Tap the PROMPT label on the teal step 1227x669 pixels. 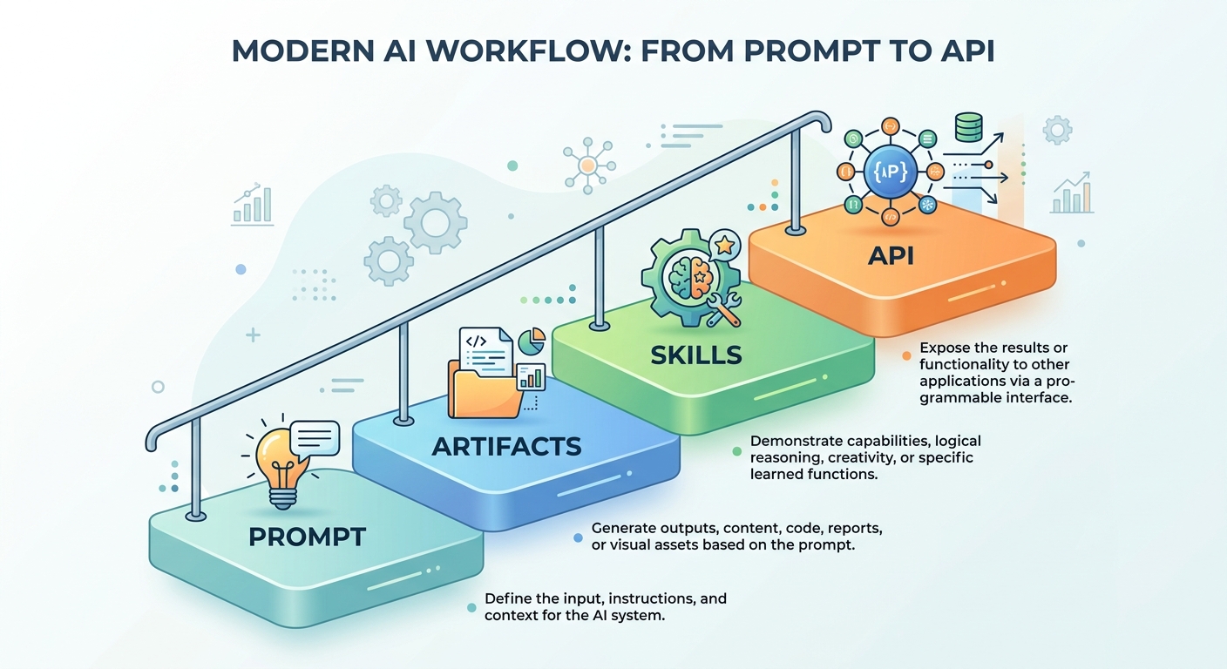(308, 537)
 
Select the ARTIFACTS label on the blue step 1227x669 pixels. (506, 446)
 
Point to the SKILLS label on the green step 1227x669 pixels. (696, 355)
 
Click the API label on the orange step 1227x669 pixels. (891, 255)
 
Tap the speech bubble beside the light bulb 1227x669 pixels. (315, 438)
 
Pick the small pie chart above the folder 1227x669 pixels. (532, 341)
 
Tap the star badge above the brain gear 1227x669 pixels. (724, 246)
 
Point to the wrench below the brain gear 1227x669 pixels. (723, 310)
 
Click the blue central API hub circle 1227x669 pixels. (890, 172)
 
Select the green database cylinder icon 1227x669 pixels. (968, 127)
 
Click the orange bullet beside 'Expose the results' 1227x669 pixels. (906, 356)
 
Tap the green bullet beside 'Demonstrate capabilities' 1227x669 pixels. (736, 451)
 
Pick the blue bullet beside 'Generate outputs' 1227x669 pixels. (578, 538)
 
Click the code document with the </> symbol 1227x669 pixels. (485, 350)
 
